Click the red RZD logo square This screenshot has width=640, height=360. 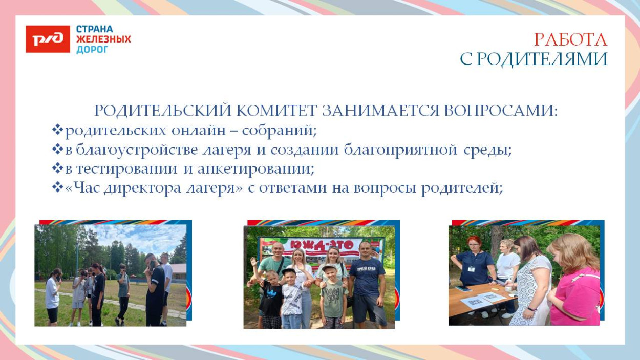point(48,39)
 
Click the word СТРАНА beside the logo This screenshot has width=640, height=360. point(95,29)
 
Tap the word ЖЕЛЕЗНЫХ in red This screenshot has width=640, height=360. point(103,39)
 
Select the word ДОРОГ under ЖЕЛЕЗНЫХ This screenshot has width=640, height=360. point(92,50)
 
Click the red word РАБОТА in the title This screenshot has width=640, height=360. point(570,40)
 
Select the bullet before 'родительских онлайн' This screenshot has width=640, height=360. point(57,130)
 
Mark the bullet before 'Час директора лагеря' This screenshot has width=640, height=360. point(57,188)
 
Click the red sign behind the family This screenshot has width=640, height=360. point(323,246)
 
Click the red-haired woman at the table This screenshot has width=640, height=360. point(475,261)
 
